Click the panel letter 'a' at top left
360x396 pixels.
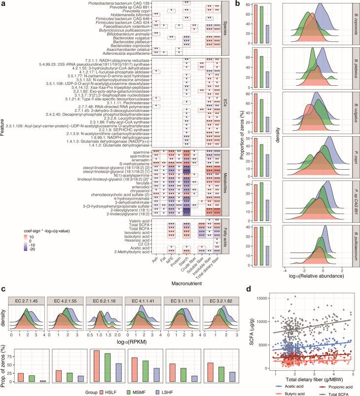click(3, 3)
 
